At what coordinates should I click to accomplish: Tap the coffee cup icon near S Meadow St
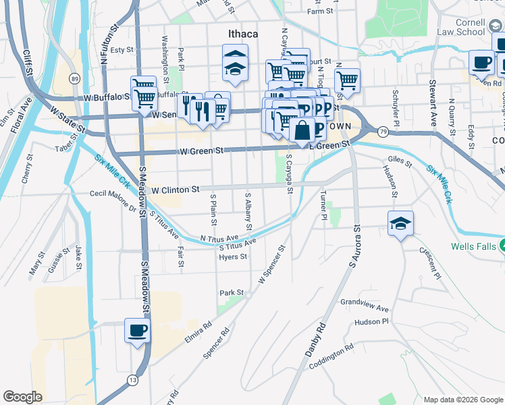coord(138,331)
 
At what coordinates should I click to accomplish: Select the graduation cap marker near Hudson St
coord(400,223)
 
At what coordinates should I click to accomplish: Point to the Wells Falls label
coord(475,244)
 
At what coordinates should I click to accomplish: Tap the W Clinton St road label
coord(176,190)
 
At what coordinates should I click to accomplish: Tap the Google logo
coord(22,397)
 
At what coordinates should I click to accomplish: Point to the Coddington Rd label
coord(331,357)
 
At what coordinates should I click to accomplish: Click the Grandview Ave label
coord(365,306)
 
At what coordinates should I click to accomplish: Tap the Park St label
coord(231,293)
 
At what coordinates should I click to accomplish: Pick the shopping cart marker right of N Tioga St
coord(347,80)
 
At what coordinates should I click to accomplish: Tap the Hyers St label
coord(233,256)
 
